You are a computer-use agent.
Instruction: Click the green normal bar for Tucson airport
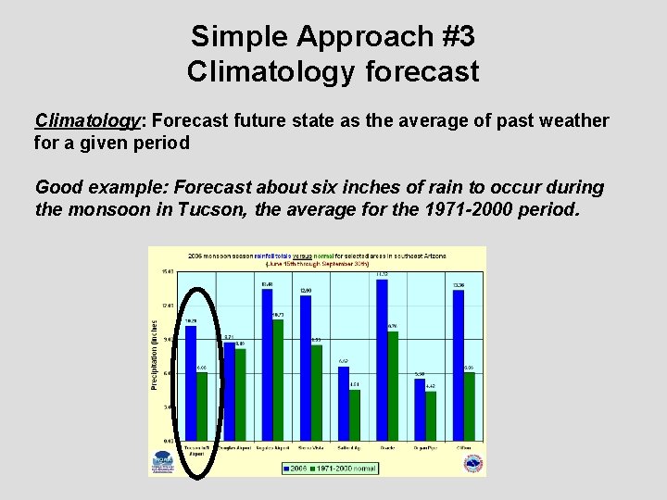coord(202,406)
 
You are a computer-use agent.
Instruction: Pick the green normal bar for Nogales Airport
coord(278,380)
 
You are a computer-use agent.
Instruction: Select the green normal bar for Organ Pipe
coord(431,416)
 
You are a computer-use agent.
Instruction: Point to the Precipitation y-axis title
coord(154,354)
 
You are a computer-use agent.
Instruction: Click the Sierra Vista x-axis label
coord(317,446)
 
